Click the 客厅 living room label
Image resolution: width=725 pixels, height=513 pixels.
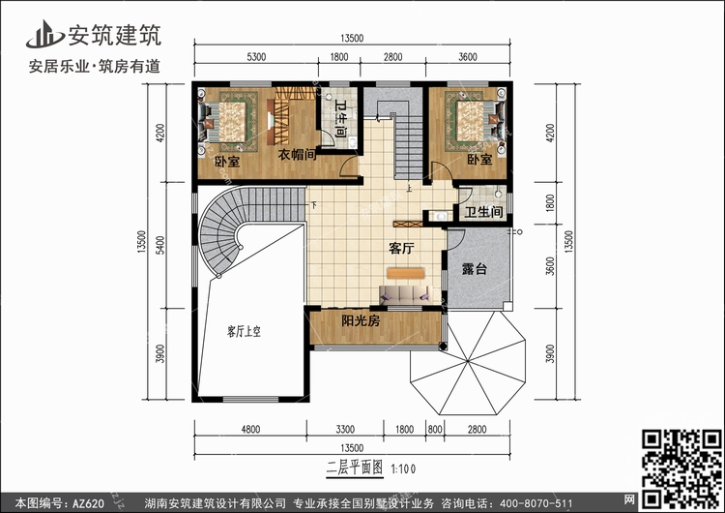[401, 249]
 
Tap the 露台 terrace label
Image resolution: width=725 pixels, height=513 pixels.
[475, 269]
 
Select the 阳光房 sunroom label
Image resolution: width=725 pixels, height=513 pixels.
[361, 320]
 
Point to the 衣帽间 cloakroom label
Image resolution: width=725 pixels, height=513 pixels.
[298, 154]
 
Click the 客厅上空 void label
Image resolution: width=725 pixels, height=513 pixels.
[244, 331]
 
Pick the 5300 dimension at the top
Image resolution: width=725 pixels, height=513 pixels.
[256, 57]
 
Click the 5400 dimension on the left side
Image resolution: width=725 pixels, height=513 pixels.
[159, 245]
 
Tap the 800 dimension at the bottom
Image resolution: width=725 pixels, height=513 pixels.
[435, 429]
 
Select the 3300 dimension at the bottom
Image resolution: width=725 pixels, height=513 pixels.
[345, 429]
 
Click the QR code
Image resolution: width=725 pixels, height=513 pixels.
[681, 468]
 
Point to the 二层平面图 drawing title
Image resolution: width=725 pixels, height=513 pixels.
[355, 468]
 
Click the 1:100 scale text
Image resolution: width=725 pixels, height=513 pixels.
[403, 469]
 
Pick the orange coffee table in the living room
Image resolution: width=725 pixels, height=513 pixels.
[406, 273]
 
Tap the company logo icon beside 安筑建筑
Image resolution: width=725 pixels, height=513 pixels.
[44, 34]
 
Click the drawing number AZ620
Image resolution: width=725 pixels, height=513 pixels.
[88, 503]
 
